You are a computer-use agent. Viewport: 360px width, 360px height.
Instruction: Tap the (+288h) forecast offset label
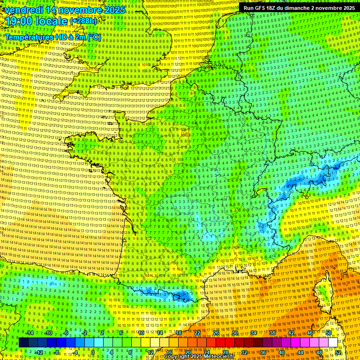pyautogui.click(x=84, y=21)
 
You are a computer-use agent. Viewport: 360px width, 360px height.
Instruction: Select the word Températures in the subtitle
pyautogui.click(x=28, y=37)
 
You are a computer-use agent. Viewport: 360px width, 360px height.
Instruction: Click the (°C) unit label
pyautogui.click(x=93, y=37)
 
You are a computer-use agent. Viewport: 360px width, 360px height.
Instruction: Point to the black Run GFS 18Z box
pyautogui.click(x=299, y=8)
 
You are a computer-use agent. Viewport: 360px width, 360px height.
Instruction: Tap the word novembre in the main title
pyautogui.click(x=78, y=9)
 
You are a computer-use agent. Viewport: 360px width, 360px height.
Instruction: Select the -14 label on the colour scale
pyautogui.click(x=29, y=333)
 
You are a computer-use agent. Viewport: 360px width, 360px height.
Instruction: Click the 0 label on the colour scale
pyautogui.click(x=93, y=352)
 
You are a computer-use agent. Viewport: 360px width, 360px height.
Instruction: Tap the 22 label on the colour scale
pyautogui.click(x=197, y=333)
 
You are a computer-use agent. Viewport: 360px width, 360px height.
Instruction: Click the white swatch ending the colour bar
pyautogui.click(x=333, y=343)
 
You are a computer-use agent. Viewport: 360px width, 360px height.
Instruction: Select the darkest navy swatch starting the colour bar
pyautogui.click(x=23, y=343)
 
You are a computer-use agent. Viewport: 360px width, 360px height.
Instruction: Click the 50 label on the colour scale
pyautogui.click(x=328, y=333)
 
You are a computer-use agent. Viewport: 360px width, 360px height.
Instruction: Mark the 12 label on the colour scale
pyautogui.click(x=150, y=352)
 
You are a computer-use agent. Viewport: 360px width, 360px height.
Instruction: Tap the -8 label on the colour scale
pyautogui.click(x=56, y=352)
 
